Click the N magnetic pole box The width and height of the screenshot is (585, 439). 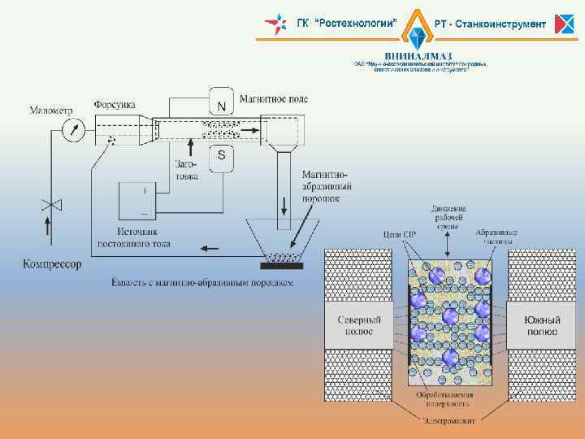[221, 104]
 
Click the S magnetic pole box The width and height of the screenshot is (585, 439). [221, 158]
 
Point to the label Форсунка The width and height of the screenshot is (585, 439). [115, 105]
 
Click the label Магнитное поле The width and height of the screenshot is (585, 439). [274, 99]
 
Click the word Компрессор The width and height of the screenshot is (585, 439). [52, 264]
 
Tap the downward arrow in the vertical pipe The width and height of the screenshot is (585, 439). [284, 202]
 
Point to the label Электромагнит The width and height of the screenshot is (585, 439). [448, 419]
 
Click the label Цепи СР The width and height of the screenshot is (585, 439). [399, 234]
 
